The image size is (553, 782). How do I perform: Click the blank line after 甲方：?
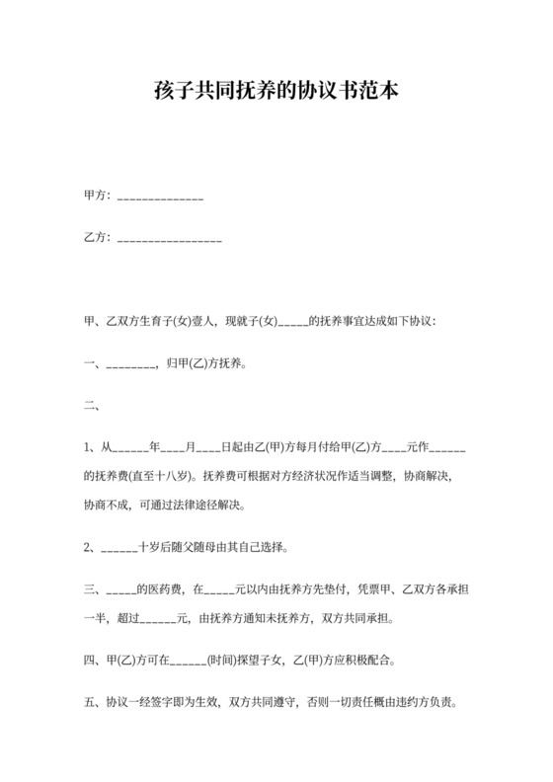tap(160, 198)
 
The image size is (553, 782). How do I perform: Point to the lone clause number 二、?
tap(91, 404)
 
